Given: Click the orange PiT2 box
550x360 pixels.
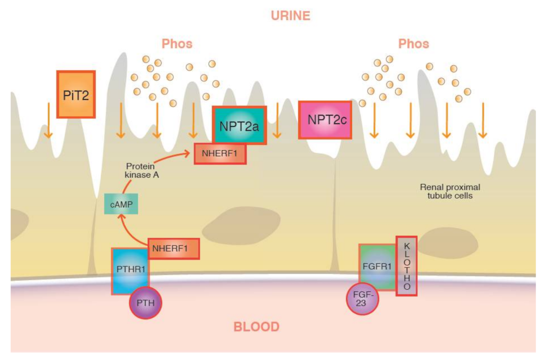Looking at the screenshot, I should point(76,94).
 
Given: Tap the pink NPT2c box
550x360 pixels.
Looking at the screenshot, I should point(325,120).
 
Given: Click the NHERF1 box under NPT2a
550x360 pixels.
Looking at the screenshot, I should point(220,153).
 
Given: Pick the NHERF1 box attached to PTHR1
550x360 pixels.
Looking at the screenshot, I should point(173,249).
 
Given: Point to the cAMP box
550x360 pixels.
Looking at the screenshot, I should point(121,204).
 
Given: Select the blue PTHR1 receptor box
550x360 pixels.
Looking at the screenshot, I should point(130,270).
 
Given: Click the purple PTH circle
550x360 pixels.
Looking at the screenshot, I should point(145,303).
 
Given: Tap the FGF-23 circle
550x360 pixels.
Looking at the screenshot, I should point(362,299).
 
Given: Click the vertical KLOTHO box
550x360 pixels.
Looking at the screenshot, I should point(406,265).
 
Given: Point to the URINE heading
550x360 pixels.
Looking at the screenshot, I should point(290,16).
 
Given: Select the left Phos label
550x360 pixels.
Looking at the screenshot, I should point(177,43).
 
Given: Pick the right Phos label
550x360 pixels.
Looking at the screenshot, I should point(414,43).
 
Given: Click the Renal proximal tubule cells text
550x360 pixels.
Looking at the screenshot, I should point(450,191).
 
